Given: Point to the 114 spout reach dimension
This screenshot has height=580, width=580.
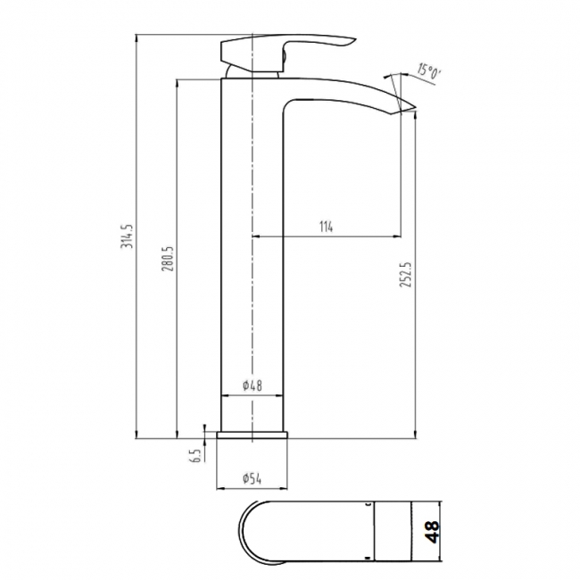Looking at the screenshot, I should click(x=326, y=227).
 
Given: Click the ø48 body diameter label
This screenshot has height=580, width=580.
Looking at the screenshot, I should click(x=253, y=386).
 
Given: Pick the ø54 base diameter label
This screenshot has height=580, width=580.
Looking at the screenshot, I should click(x=253, y=478).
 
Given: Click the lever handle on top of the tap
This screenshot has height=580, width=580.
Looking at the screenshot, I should click(x=286, y=44).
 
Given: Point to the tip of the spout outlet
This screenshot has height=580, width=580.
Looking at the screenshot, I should click(x=412, y=109).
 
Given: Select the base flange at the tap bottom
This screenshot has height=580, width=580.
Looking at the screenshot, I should click(x=254, y=435).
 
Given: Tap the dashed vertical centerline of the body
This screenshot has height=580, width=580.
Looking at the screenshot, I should click(x=254, y=268).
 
